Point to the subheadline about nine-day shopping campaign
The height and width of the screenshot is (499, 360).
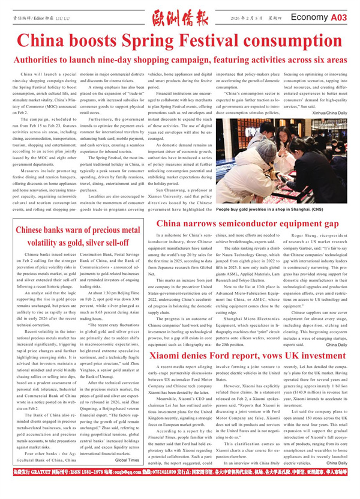[180, 61]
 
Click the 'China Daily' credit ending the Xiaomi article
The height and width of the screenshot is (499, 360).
[337, 479]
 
